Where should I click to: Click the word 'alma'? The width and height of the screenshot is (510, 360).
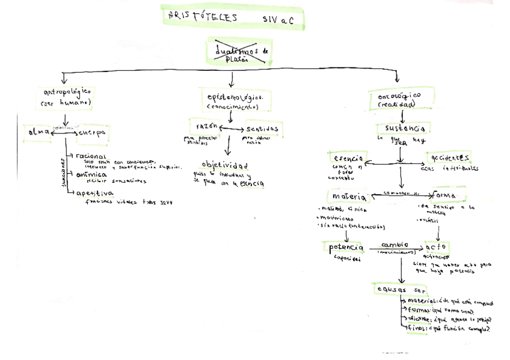click(x=37, y=132)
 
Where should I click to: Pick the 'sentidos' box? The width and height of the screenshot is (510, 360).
click(x=260, y=129)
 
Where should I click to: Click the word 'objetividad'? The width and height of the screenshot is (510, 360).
click(x=225, y=165)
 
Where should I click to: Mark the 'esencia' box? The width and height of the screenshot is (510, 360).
click(x=347, y=159)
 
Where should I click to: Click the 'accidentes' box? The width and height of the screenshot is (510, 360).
click(x=447, y=158)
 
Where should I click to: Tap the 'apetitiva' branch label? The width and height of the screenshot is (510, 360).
click(x=96, y=193)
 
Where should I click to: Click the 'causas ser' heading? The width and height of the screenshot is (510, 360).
click(x=401, y=288)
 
